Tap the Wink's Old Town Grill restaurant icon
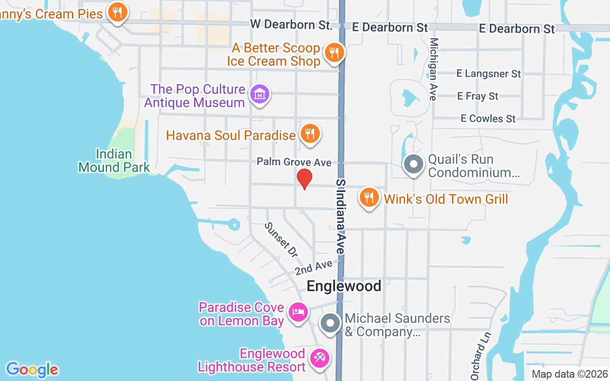coord(369,197)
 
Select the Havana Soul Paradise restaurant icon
coord(310,133)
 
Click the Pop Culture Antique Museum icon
coord(259,94)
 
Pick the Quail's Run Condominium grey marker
coord(413,164)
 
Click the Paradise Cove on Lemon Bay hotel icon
coord(298,312)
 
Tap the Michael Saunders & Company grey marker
coord(330,323)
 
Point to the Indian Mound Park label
coord(114,160)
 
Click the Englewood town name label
coord(344,286)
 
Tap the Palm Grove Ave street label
coord(294,162)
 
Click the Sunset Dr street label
coord(281,240)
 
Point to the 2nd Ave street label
coord(313,268)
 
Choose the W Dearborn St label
coord(291,24)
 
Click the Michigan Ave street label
coord(433,69)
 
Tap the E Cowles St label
coord(488,118)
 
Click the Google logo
coord(32,369)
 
